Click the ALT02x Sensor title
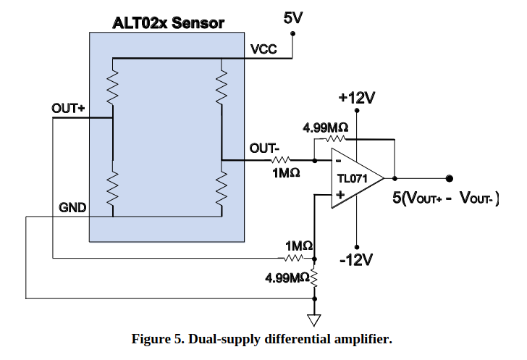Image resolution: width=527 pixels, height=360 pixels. (168, 22)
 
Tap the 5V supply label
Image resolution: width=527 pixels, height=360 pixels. (293, 17)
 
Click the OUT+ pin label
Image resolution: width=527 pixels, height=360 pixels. (68, 109)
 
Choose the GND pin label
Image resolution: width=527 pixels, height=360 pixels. (72, 209)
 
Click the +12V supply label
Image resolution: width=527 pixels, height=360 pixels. (357, 98)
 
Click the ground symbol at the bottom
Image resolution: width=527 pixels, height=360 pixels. (314, 319)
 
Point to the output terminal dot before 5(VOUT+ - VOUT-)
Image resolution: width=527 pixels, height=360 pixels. (449, 178)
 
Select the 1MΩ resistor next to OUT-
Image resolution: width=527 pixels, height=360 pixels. (282, 160)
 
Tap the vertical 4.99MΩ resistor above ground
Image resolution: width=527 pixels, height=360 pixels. (314, 277)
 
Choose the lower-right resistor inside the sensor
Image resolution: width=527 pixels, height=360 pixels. (223, 190)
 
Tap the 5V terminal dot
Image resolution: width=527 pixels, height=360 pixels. (294, 33)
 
